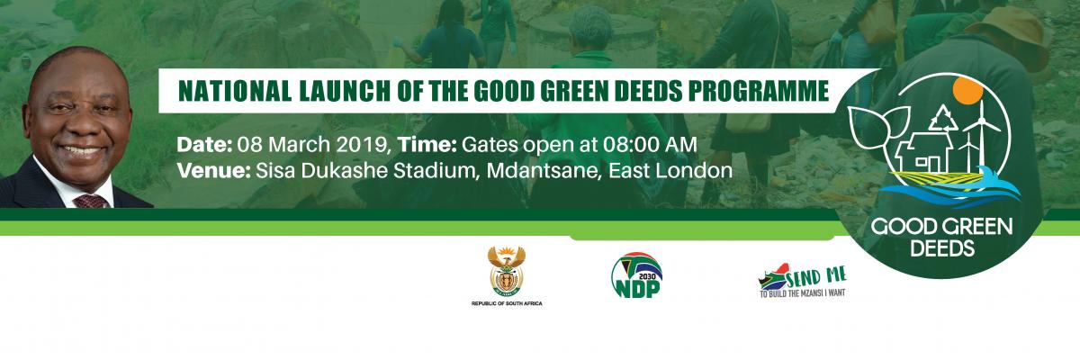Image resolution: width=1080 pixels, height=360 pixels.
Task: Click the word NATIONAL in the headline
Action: pos(234,91)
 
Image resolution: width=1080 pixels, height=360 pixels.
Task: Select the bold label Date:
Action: pos(205,145)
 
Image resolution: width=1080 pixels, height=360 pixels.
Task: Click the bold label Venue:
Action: pos(213,171)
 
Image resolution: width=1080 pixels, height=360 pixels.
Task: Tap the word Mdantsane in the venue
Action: pos(543,171)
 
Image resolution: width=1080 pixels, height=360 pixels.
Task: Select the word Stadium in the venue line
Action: pos(436,171)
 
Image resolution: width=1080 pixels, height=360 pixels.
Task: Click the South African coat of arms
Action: pos(506,271)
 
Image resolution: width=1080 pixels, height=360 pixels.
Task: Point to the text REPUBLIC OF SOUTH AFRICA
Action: pos(507,303)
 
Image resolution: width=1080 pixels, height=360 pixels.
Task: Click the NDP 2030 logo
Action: pos(636,275)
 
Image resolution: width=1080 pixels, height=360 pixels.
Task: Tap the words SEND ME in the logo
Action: pos(816,276)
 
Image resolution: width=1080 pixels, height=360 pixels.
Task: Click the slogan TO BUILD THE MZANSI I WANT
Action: pos(803,293)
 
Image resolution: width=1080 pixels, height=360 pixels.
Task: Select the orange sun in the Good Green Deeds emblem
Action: pos(967,91)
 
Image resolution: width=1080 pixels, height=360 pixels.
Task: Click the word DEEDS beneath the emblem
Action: pos(942,248)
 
